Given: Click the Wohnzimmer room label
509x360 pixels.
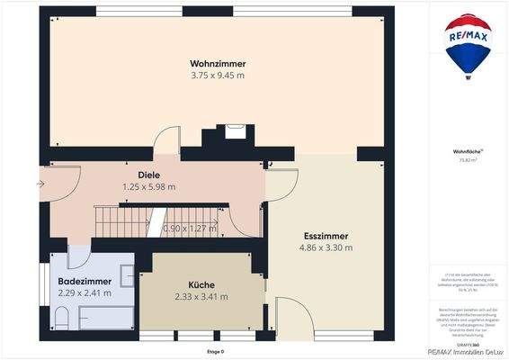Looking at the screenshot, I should tap(218, 63).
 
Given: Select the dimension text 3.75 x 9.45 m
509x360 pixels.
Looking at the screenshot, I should tap(218, 76).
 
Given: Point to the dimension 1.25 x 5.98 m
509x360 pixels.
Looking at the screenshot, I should tap(148, 186).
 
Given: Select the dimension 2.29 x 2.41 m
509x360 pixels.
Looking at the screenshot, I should tap(85, 292).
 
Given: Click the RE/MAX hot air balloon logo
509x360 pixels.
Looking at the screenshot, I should tap(468, 45).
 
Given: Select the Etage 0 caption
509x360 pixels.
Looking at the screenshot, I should tap(215, 350).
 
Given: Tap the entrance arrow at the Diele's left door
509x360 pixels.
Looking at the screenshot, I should tap(40, 184).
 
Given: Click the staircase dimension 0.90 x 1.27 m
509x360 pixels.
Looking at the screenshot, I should tap(190, 229).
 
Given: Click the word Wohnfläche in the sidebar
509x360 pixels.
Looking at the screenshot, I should tap(466, 151).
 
